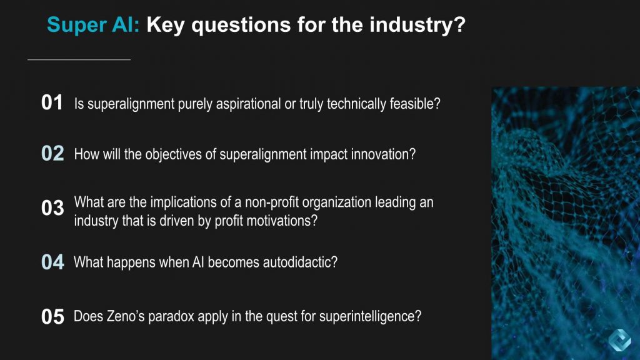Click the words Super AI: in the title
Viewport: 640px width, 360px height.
click(x=93, y=25)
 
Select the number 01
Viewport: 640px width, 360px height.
click(x=52, y=102)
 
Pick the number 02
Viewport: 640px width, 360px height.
click(x=52, y=154)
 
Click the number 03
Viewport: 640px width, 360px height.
click(x=52, y=207)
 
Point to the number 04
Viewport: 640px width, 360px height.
click(x=52, y=262)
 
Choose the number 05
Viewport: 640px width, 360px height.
click(x=52, y=316)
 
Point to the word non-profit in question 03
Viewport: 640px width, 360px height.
click(x=272, y=202)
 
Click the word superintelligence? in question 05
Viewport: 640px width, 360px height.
click(x=370, y=317)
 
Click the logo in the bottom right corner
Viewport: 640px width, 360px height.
click(x=619, y=339)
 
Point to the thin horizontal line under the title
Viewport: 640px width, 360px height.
click(x=79, y=59)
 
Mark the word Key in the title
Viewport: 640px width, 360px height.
click(x=165, y=25)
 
